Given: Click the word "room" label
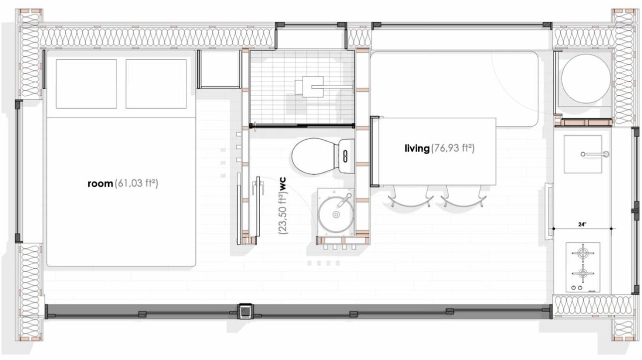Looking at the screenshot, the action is point(100,183).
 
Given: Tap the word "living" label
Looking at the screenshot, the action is point(417,149).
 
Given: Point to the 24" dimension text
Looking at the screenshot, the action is point(582,224).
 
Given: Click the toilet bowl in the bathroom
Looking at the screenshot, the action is point(314,156).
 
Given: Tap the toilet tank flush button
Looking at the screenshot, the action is point(345,156).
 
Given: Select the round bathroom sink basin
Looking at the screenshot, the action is point(335,214).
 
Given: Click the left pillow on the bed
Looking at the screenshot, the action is point(86,84).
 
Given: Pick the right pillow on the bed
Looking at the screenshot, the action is point(156,84).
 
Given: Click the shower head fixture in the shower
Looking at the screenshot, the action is point(310,87).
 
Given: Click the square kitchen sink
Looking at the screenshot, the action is point(583,154).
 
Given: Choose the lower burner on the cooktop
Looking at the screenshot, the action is point(583,273).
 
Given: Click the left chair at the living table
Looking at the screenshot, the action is point(410,196).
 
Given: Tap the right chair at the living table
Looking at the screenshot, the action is point(464,196).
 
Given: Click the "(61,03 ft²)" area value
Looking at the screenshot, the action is point(136,183).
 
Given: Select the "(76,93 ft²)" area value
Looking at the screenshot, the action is point(453,149).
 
